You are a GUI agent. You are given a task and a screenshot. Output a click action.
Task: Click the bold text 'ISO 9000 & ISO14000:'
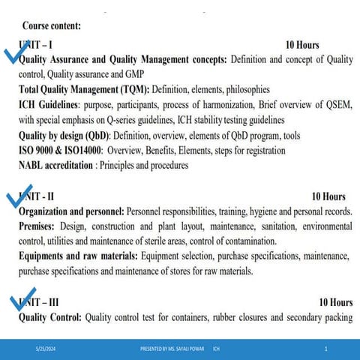(x=60, y=150)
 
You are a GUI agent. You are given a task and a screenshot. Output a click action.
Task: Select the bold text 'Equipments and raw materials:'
(x=78, y=256)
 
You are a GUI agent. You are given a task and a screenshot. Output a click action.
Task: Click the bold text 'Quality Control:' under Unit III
(x=49, y=317)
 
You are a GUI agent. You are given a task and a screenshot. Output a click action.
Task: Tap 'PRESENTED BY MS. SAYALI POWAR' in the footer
(x=173, y=349)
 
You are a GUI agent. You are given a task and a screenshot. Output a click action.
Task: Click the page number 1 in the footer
(x=326, y=349)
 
